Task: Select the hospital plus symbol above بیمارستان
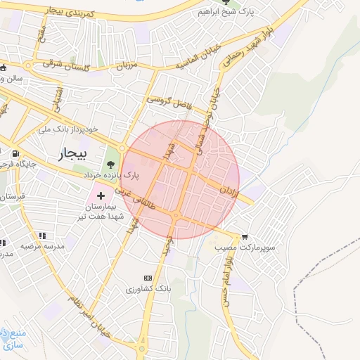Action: point(101,195)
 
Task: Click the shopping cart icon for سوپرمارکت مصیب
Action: point(244,238)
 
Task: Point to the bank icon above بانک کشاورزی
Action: point(147,278)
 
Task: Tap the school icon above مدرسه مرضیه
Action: point(42,236)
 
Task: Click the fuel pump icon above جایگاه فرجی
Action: point(14,153)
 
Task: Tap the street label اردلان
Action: point(230,190)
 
